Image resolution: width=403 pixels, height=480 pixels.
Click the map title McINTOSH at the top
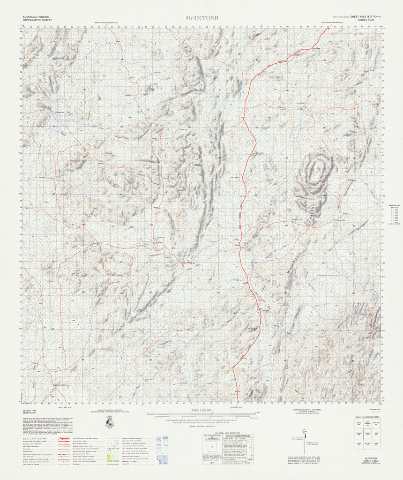[201, 18]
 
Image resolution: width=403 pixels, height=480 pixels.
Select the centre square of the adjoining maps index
[368, 434]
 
